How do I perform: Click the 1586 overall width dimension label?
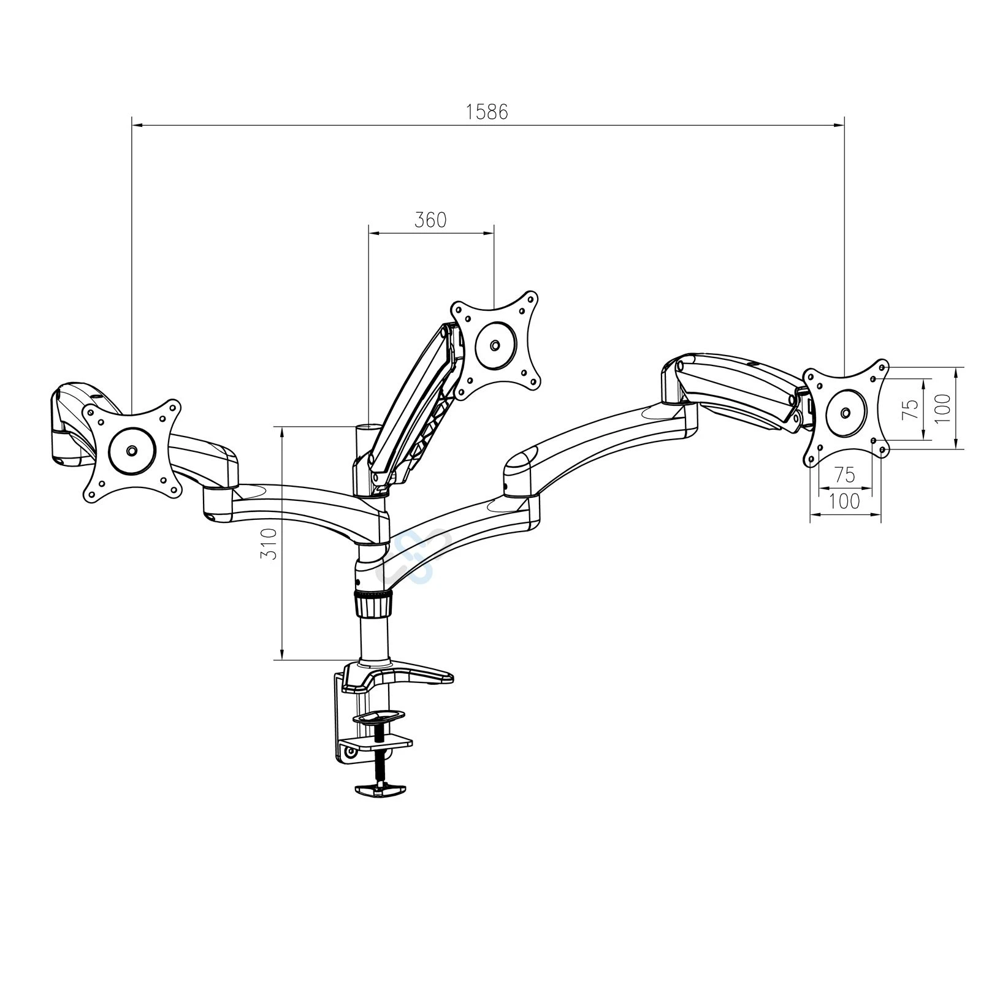[487, 112]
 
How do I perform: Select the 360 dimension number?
[430, 219]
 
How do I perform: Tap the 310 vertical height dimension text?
[269, 543]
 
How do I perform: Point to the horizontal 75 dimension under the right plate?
[844, 475]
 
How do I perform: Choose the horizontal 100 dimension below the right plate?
[844, 501]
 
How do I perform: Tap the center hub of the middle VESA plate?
[495, 345]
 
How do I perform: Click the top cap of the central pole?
[368, 426]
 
